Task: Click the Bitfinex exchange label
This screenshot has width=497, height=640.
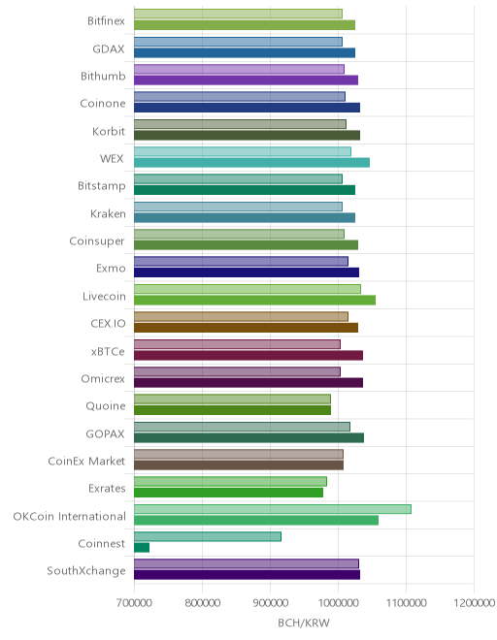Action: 106,20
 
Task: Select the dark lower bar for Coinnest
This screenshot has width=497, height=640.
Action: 142,547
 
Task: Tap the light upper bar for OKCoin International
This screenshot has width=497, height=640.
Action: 273,509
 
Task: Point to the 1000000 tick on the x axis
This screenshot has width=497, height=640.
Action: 338,602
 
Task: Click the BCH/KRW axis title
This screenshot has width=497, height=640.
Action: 304,623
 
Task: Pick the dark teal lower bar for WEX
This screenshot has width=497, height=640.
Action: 251,163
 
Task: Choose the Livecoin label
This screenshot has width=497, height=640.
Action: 104,296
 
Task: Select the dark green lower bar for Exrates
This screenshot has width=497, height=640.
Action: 228,493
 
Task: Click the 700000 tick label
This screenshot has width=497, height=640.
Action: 134,602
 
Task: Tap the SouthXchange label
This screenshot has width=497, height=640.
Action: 86,570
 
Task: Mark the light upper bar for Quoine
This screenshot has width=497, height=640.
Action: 232,400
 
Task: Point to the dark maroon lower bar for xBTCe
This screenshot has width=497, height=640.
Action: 248,355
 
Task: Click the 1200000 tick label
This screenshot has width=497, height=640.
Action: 474,602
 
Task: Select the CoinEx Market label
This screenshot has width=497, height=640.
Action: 86,461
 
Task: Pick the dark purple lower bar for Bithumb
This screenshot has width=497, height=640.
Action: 246,80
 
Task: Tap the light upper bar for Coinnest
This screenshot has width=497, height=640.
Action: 208,537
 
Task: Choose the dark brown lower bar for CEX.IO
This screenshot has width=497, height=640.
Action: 246,328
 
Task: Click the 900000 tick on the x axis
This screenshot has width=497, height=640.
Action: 270,602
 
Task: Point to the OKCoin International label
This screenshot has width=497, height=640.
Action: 70,516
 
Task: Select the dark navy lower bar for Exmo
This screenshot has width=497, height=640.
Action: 247,272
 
